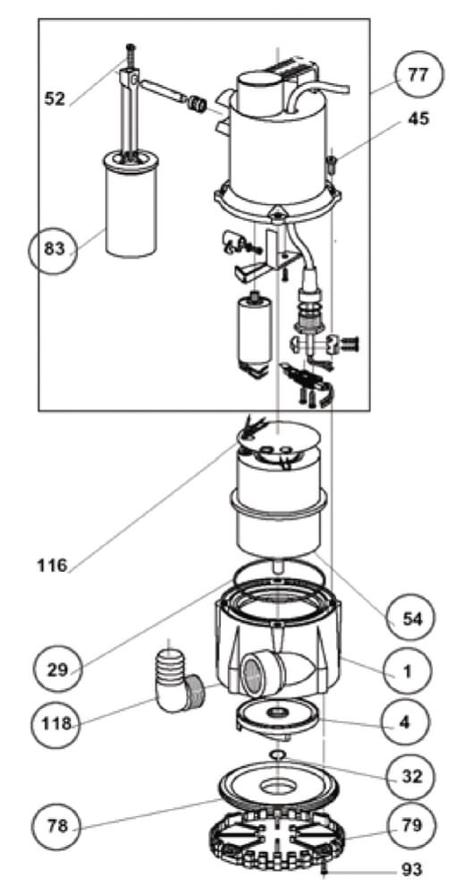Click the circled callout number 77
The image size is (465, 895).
(x=418, y=75)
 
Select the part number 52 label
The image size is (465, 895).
(x=55, y=98)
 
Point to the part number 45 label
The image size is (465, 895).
(x=418, y=119)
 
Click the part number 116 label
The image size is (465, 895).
(x=52, y=566)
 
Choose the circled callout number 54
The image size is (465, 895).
(x=409, y=618)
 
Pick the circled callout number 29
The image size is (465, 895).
(x=57, y=669)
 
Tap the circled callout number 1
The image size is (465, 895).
(x=407, y=672)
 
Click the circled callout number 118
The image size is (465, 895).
(x=57, y=724)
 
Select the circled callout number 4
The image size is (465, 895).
(x=404, y=722)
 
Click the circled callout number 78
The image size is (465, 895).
(x=57, y=825)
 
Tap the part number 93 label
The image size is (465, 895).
(x=412, y=870)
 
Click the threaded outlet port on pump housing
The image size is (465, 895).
(x=256, y=675)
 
